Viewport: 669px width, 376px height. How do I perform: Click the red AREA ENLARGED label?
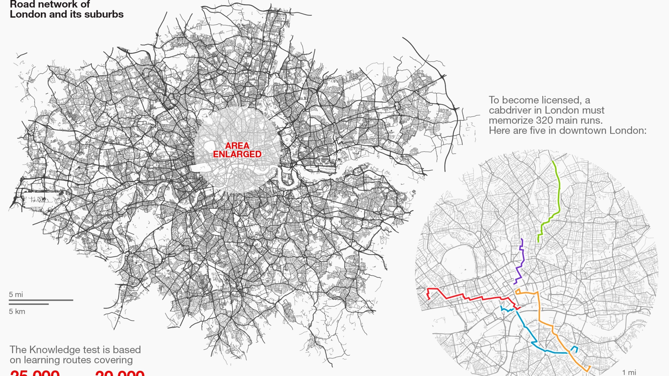point(237,150)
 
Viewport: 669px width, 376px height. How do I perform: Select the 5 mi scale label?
point(16,295)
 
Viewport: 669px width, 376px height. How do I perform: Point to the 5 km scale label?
point(17,311)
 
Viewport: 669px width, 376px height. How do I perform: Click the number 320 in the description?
point(545,120)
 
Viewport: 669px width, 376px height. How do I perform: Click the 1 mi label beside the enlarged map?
point(629,373)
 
